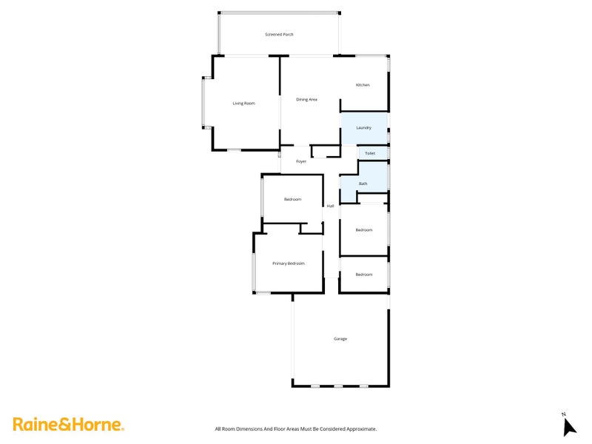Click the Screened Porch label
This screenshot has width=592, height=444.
(x=280, y=35)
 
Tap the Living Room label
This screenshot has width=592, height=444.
(x=243, y=103)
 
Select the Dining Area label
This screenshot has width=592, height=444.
(x=306, y=99)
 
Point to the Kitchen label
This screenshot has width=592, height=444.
(x=363, y=85)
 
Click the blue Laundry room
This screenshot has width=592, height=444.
(x=363, y=128)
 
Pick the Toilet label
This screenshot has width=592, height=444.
(x=370, y=153)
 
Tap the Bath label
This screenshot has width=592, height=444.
(x=363, y=184)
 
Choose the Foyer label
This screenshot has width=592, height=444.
(x=301, y=161)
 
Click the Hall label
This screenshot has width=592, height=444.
(x=331, y=206)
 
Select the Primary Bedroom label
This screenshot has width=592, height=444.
(x=288, y=263)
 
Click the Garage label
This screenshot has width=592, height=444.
(x=340, y=339)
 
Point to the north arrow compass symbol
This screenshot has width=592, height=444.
(x=569, y=427)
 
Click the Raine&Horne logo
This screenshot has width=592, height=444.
(x=68, y=425)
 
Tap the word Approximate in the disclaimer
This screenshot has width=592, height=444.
(x=360, y=428)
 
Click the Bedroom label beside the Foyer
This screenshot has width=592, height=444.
(x=293, y=199)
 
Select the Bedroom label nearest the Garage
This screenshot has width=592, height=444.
(x=363, y=275)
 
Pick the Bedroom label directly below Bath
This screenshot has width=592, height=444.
(x=363, y=230)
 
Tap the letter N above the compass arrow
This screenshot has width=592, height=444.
(x=564, y=414)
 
